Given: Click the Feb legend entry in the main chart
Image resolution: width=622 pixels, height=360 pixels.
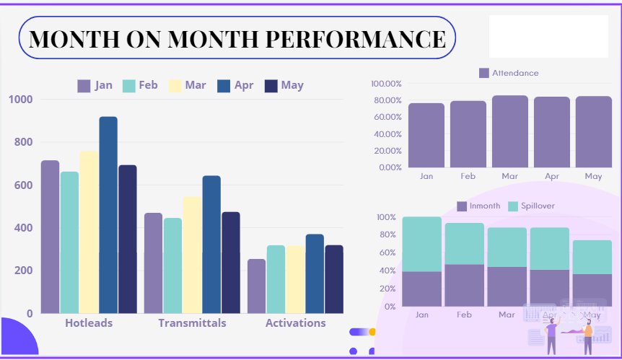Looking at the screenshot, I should (140, 85).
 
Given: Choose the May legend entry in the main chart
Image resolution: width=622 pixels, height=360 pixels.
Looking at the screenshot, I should (284, 85).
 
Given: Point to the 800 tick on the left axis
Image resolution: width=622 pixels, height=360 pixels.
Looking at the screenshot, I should (21, 142).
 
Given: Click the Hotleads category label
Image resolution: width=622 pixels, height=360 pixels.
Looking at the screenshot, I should (89, 323).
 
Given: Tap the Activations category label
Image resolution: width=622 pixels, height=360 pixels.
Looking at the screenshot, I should (295, 323).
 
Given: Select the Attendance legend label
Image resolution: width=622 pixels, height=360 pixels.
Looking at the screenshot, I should (514, 73).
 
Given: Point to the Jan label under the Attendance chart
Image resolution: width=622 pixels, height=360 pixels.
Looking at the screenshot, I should (426, 176).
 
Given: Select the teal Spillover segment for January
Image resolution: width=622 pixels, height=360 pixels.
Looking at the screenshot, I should (422, 244).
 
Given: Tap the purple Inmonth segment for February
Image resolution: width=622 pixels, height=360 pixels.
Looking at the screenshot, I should (464, 285).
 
